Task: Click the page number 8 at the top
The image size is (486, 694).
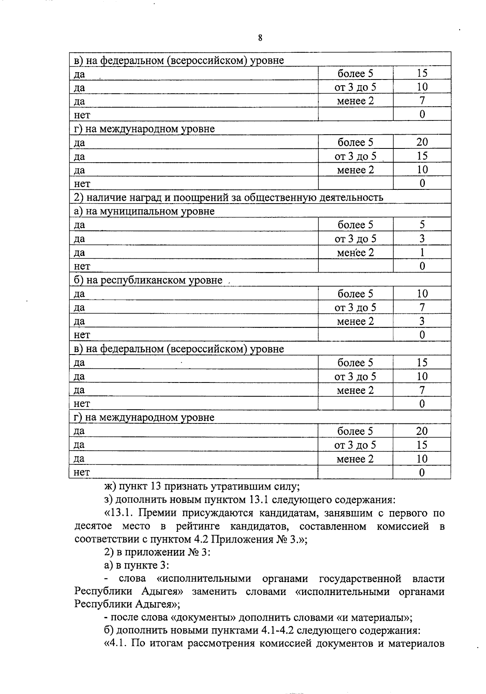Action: tap(260, 38)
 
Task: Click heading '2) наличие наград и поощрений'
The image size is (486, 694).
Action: tap(228, 198)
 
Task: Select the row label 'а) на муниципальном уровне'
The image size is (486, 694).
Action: tap(144, 211)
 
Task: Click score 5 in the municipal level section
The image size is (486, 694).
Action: tap(422, 225)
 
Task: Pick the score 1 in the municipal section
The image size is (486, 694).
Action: tap(422, 253)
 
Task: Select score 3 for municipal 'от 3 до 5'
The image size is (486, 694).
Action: tap(422, 239)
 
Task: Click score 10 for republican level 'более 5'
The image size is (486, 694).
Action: tap(422, 294)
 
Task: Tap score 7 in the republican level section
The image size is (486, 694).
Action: tap(422, 307)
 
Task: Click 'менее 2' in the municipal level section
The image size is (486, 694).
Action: tap(355, 253)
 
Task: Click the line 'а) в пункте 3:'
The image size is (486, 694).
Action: tap(136, 565)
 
